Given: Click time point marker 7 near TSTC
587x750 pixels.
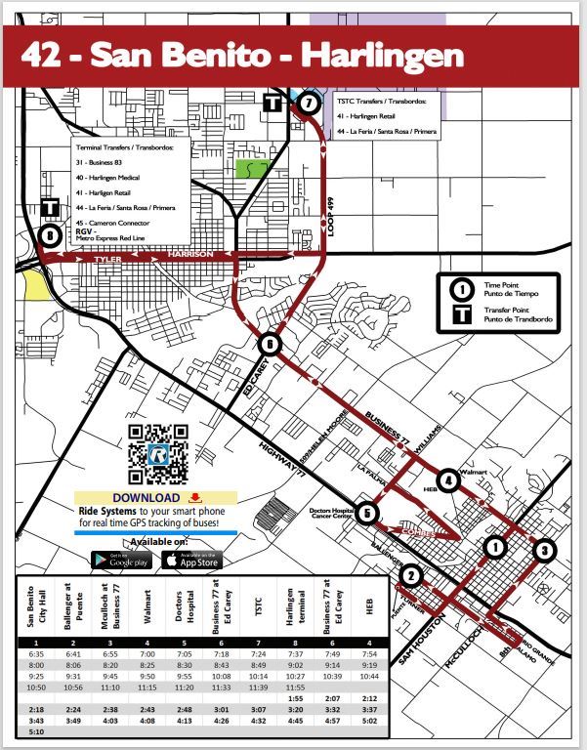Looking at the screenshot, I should [309, 103].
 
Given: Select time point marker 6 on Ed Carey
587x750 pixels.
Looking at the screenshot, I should [270, 344].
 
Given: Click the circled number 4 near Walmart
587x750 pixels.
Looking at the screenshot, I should [447, 479].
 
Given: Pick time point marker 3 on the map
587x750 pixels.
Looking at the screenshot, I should [544, 550].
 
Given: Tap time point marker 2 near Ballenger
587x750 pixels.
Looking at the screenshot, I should [411, 576].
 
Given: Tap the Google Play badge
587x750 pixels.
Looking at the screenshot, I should [120, 561].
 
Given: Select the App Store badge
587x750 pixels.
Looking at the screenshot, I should [190, 561].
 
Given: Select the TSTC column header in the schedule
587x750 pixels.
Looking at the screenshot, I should [258, 604].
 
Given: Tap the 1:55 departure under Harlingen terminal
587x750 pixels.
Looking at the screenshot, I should [293, 696].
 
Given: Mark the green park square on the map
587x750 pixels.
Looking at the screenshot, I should [251, 167].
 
